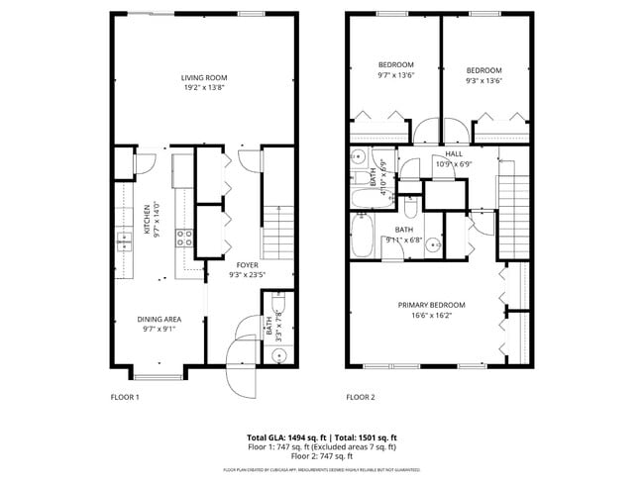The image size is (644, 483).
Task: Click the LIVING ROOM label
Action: pyautogui.click(x=204, y=78)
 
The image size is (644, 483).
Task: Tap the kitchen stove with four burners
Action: pyautogui.click(x=183, y=237)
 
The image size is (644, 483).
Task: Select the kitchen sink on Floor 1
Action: pyautogui.click(x=126, y=239)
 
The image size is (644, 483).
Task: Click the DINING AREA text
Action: pyautogui.click(x=159, y=319)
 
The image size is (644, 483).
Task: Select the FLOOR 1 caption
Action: pyautogui.click(x=124, y=397)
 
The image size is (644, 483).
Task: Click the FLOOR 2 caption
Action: pyautogui.click(x=360, y=397)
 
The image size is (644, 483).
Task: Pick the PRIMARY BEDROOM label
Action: pyautogui.click(x=431, y=305)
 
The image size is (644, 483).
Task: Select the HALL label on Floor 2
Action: pyautogui.click(x=454, y=154)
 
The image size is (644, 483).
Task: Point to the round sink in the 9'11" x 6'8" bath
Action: pyautogui.click(x=438, y=241)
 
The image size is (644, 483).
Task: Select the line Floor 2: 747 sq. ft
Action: pyautogui.click(x=322, y=456)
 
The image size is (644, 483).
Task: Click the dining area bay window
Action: pyautogui.click(x=158, y=376)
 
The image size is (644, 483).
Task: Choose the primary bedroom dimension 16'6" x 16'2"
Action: pyautogui.click(x=431, y=316)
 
